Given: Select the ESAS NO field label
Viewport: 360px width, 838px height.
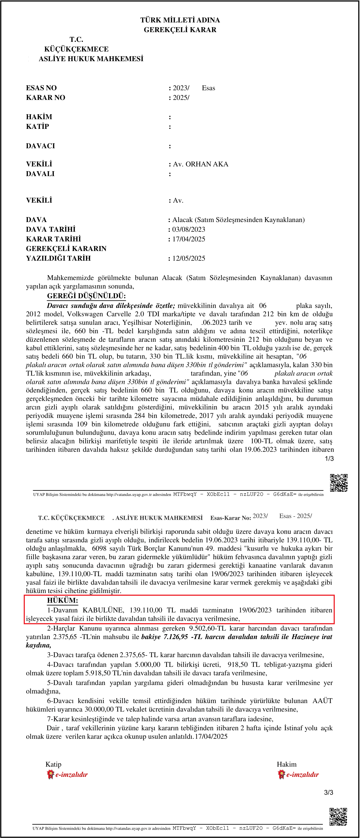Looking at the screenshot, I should click(41, 88).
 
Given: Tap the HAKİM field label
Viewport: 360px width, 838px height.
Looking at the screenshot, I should click(39, 117).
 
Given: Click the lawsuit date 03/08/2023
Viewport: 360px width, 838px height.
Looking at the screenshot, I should click(189, 230).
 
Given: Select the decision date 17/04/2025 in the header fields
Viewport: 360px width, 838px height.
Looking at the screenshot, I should click(189, 239).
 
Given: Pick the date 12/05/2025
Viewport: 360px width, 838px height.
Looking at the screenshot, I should click(189, 259).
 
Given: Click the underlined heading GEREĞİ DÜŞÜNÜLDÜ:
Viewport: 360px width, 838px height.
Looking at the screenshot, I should click(86, 296).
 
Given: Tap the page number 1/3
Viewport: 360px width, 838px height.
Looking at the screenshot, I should click(329, 459).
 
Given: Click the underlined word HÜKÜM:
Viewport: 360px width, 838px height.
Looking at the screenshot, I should click(62, 601).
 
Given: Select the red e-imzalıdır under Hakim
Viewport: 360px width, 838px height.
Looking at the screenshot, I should click(303, 775).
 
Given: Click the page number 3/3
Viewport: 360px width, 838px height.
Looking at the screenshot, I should click(328, 793).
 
